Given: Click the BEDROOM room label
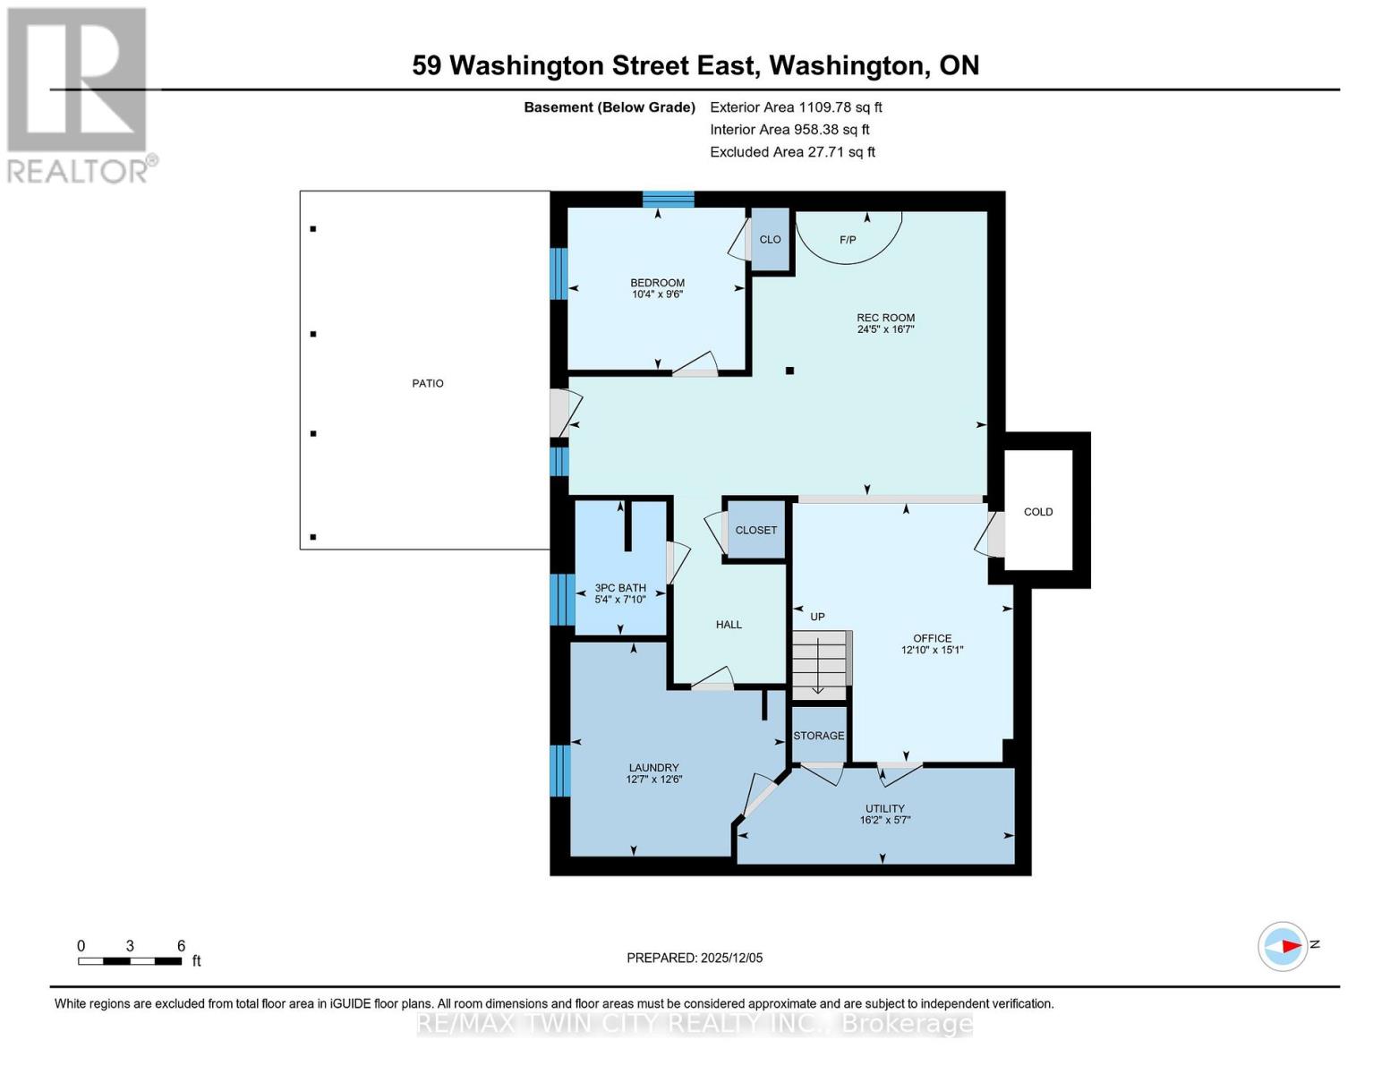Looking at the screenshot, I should pos(657,283).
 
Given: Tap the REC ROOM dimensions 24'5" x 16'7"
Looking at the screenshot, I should pos(885,329).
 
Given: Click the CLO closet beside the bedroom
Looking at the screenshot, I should pos(770,240).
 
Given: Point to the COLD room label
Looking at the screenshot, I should pos(1038,512).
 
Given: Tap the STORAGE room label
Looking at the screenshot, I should pos(818,736).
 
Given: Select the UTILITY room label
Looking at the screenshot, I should pos(884,808).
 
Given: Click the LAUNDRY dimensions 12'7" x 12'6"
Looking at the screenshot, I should pos(653,780).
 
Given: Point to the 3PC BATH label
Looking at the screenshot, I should pos(620,588).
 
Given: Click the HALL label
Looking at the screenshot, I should pos(729,625).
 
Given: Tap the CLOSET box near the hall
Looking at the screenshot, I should pos(755,530).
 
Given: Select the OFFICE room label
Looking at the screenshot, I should pos(932,638).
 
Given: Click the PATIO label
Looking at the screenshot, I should pos(428,383).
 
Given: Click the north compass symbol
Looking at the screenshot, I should pos(1283,946).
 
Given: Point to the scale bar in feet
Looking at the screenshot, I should pos(130,961).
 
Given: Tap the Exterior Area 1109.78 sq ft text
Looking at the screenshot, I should pos(796,107).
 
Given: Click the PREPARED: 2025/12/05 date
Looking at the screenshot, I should pos(695,958).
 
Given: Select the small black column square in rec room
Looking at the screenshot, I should pos(789,371).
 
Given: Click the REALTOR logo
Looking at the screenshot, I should pos(79,94).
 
